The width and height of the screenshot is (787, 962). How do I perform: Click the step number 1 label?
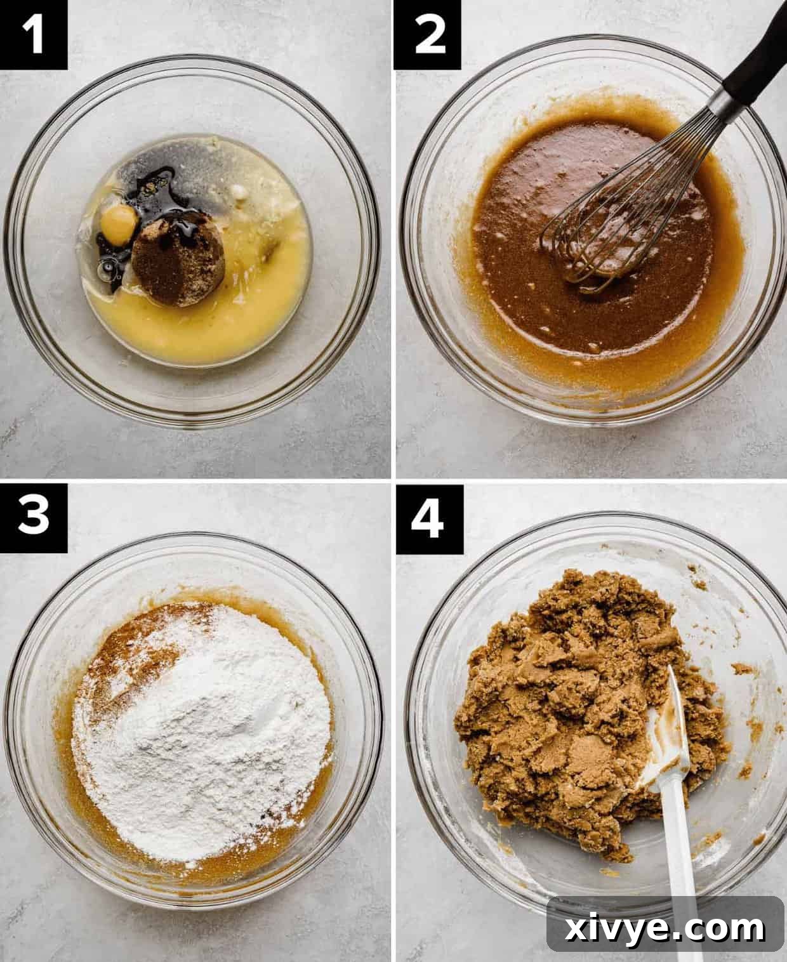(33, 34)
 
